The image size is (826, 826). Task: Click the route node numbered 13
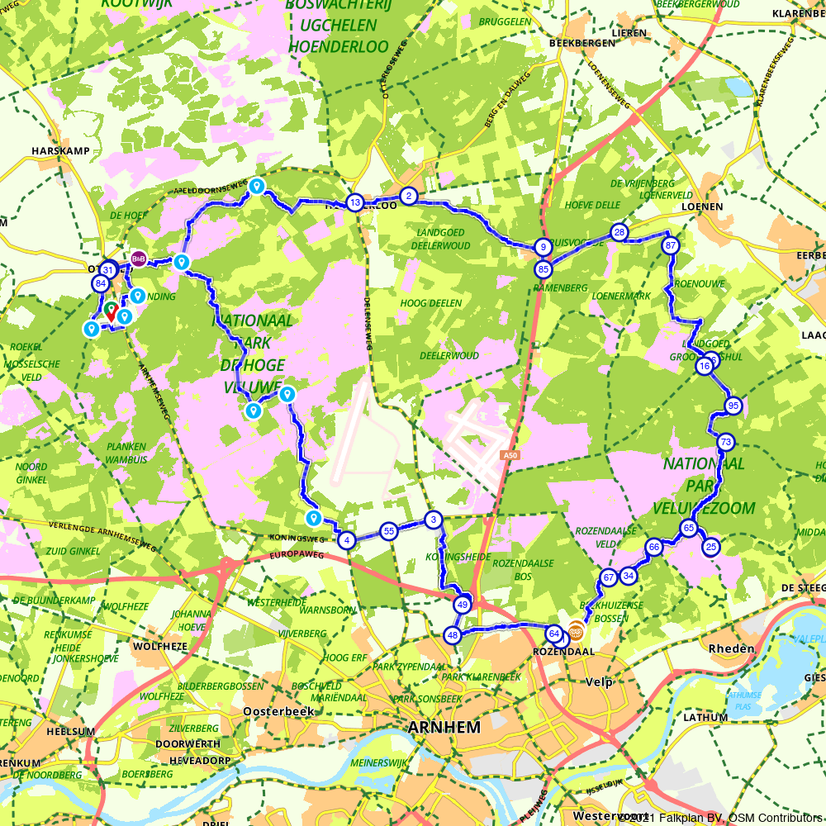(354, 202)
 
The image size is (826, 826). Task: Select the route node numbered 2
(408, 196)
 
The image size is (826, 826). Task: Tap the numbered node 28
(619, 233)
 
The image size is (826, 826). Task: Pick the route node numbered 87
(671, 245)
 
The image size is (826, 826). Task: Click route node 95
(733, 405)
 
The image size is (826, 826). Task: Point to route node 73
(725, 442)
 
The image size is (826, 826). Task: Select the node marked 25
(710, 547)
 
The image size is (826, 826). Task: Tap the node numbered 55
(389, 531)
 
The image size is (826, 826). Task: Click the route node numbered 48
(452, 635)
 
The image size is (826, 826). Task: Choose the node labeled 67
(609, 578)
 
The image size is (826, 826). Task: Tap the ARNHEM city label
(444, 728)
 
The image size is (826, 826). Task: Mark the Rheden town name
(731, 648)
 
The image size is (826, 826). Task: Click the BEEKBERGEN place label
(586, 43)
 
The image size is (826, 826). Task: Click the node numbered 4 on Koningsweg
(347, 540)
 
